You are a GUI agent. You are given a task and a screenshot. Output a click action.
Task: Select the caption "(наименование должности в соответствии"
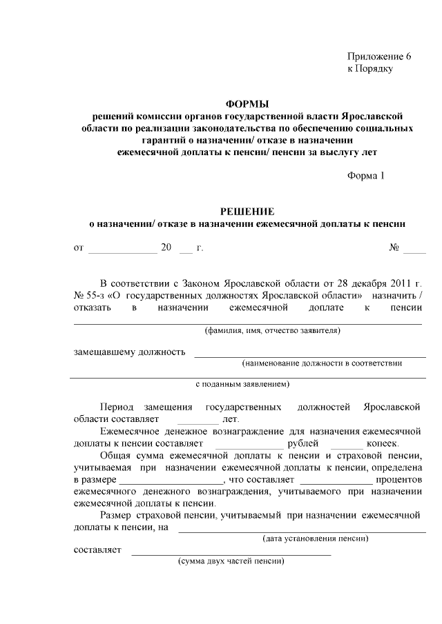(x=321, y=363)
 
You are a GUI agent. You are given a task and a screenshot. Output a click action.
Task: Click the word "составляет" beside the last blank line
(x=97, y=550)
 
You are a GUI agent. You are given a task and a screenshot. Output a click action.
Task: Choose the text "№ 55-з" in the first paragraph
(x=88, y=294)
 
